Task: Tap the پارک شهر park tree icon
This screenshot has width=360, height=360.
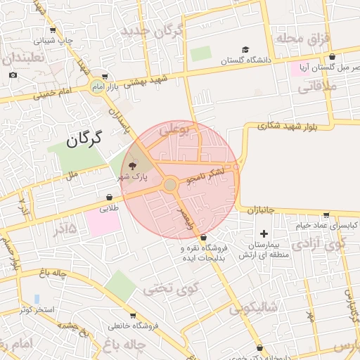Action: [x=133, y=166]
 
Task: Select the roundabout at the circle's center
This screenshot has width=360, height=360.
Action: [x=170, y=185]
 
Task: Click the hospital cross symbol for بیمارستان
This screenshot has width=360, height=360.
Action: [x=264, y=233]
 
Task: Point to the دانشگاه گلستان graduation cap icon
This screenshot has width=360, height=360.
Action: [x=245, y=49]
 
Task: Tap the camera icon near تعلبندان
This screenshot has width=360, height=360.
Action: [x=13, y=75]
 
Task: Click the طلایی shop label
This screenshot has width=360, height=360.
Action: [x=110, y=208]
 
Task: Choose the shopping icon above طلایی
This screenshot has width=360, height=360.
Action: [x=110, y=198]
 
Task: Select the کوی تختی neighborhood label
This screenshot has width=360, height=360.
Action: [x=171, y=288]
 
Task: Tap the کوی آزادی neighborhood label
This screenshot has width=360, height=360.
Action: [x=320, y=245]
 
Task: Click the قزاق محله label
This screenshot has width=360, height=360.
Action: [x=302, y=37]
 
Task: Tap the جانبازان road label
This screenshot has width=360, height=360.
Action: [x=264, y=210]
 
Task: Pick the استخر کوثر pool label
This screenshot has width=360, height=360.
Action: [x=35, y=309]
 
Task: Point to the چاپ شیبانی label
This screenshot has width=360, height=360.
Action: [x=55, y=41]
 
